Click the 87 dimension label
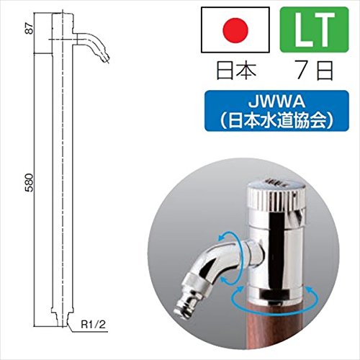point(30,29)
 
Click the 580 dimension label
point(30,182)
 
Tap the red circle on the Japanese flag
point(235,30)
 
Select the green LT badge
point(314,30)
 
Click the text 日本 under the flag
point(236,71)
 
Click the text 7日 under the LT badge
point(315,71)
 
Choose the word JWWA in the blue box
point(276,102)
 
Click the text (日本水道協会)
point(276,120)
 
